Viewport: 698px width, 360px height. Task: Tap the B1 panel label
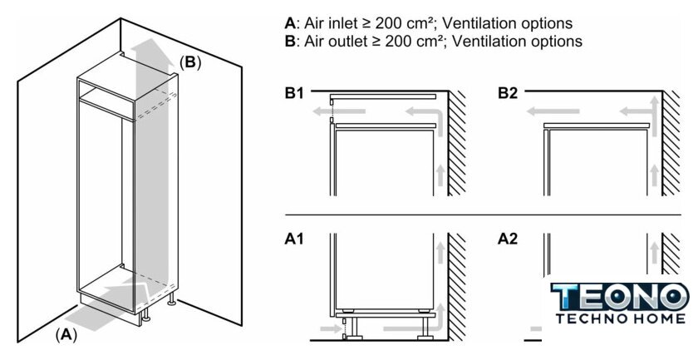click(x=294, y=93)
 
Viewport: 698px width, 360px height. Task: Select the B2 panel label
click(x=508, y=93)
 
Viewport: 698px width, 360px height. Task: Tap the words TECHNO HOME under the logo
click(x=620, y=318)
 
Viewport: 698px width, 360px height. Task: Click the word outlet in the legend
click(x=342, y=41)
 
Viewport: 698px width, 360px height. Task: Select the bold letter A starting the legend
click(x=289, y=23)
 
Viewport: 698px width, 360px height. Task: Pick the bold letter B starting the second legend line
click(x=289, y=41)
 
